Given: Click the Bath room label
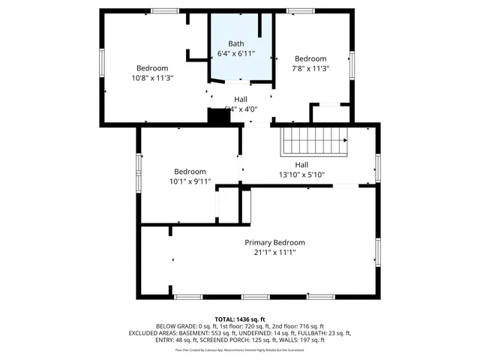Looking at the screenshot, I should [236, 43].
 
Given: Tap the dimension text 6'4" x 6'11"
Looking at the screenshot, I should [236, 54].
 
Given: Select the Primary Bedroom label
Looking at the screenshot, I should [274, 242].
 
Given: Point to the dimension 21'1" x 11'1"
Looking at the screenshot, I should [274, 253].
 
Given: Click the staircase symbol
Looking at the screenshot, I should [315, 140].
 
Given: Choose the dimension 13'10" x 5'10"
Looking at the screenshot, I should [301, 175].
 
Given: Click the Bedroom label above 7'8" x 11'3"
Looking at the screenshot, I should [310, 58].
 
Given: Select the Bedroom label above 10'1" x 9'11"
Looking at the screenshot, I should [190, 171].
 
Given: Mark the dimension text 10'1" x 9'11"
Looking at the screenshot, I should [190, 181].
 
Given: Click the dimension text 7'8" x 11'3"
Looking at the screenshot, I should [310, 68].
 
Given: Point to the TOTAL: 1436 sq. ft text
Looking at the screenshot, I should [240, 319].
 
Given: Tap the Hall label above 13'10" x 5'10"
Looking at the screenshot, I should [301, 165].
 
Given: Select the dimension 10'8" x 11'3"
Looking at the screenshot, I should [152, 77].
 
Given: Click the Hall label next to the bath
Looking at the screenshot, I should [240, 98].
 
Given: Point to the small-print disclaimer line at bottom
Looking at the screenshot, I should [240, 349].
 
